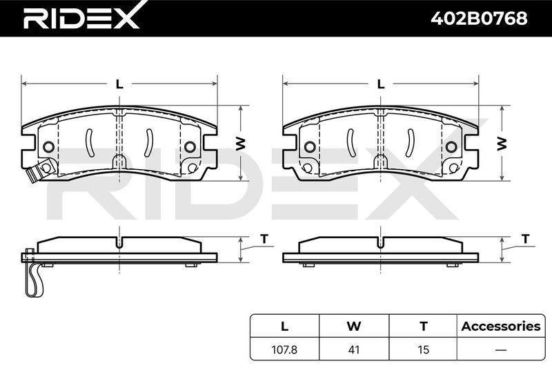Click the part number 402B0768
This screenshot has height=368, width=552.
(479, 18)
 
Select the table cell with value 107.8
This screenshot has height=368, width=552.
(284, 349)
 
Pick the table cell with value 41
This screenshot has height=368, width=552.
(354, 349)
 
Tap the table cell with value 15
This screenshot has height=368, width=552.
(423, 349)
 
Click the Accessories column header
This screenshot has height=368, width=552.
(501, 326)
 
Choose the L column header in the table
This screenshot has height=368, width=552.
(284, 327)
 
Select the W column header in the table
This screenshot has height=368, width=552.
(354, 327)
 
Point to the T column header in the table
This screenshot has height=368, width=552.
(424, 327)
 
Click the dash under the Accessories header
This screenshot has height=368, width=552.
(501, 349)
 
